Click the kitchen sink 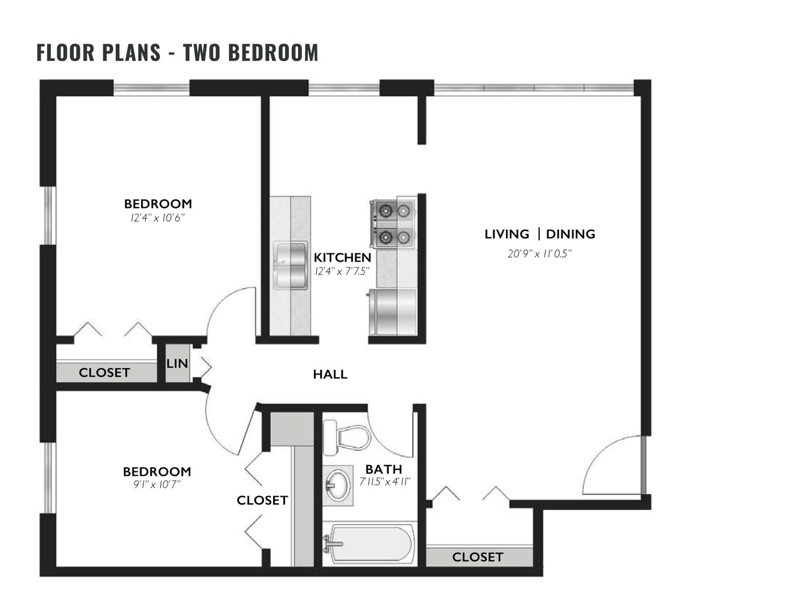(290, 265)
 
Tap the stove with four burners (393, 223)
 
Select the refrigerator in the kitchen (393, 312)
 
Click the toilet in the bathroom (346, 437)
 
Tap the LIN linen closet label (177, 364)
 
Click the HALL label (330, 375)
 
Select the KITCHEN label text (342, 257)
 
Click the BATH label (384, 470)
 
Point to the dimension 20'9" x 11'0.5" (539, 254)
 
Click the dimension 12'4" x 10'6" (157, 218)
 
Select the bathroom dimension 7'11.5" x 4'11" (385, 482)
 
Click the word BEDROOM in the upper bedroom (158, 204)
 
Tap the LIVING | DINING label (539, 234)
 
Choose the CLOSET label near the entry (478, 557)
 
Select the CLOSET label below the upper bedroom (104, 373)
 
